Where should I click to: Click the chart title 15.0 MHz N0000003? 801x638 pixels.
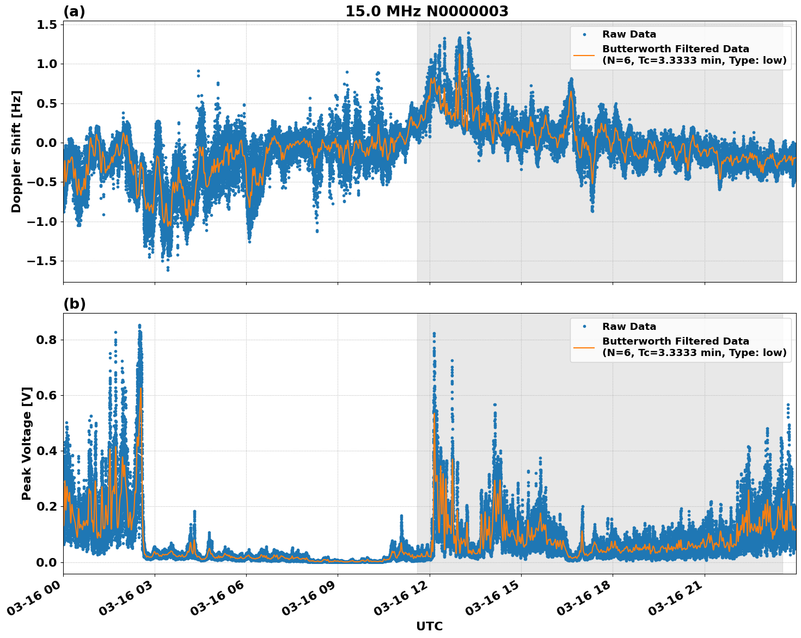click(x=426, y=11)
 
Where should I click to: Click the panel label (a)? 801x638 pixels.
click(x=74, y=11)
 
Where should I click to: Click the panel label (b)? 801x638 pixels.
click(x=74, y=304)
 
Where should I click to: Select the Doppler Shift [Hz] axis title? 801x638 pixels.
click(x=16, y=151)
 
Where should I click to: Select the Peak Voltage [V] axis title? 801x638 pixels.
click(x=27, y=443)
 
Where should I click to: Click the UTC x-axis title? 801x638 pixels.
click(x=429, y=626)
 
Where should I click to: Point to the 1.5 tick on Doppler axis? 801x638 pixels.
click(x=47, y=25)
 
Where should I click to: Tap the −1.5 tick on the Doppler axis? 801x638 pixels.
click(x=42, y=261)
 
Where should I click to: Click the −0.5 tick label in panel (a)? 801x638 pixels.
click(x=42, y=182)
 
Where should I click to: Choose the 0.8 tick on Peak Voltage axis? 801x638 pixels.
click(x=47, y=340)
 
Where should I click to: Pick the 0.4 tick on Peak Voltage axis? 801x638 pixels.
click(x=47, y=451)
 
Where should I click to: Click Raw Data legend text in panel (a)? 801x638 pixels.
click(x=629, y=34)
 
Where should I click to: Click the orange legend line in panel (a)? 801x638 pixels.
click(x=584, y=54)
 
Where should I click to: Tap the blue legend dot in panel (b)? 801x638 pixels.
click(x=584, y=327)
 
